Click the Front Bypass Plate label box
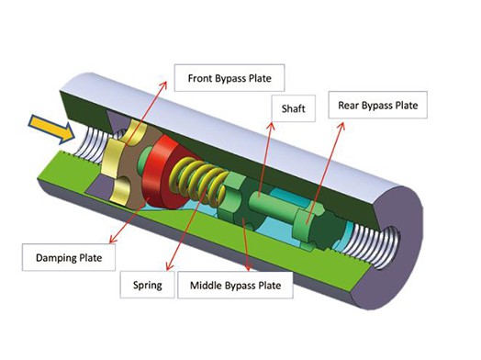pyautogui.click(x=229, y=78)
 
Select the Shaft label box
pyautogui.click(x=293, y=108)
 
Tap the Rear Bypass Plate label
pyautogui.click(x=378, y=105)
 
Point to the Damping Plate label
pyautogui.click(x=69, y=257)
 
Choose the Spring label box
pyautogui.click(x=147, y=285)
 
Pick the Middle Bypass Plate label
pyautogui.click(x=235, y=285)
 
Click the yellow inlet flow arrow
pyautogui.click(x=51, y=129)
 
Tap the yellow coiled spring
pyautogui.click(x=198, y=180)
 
